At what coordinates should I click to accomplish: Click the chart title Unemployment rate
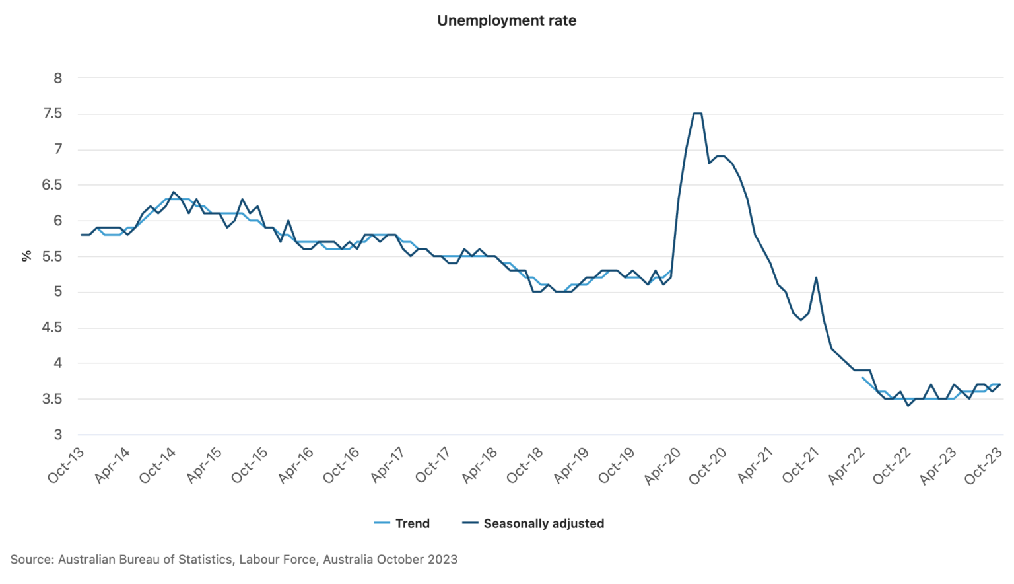tap(506, 21)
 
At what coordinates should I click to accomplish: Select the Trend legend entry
tap(402, 523)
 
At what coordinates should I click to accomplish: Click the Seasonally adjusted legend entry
tap(533, 523)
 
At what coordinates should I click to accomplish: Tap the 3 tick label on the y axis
tap(58, 435)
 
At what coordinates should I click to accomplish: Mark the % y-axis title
tap(26, 256)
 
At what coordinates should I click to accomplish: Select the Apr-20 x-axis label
tap(663, 466)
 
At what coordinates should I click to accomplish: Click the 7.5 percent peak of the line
tap(697, 114)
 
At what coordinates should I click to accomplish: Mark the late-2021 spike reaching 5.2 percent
tap(816, 277)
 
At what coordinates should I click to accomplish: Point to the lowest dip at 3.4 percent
tap(908, 406)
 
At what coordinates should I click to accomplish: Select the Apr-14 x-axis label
tap(113, 466)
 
